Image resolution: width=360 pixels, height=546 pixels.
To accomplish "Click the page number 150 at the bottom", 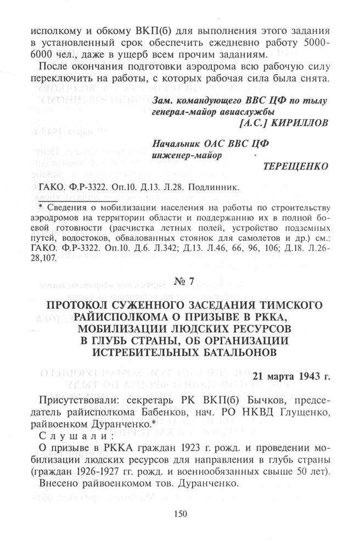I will (x=179, y=514).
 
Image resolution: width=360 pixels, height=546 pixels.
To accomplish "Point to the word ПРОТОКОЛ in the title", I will (x=78, y=305).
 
